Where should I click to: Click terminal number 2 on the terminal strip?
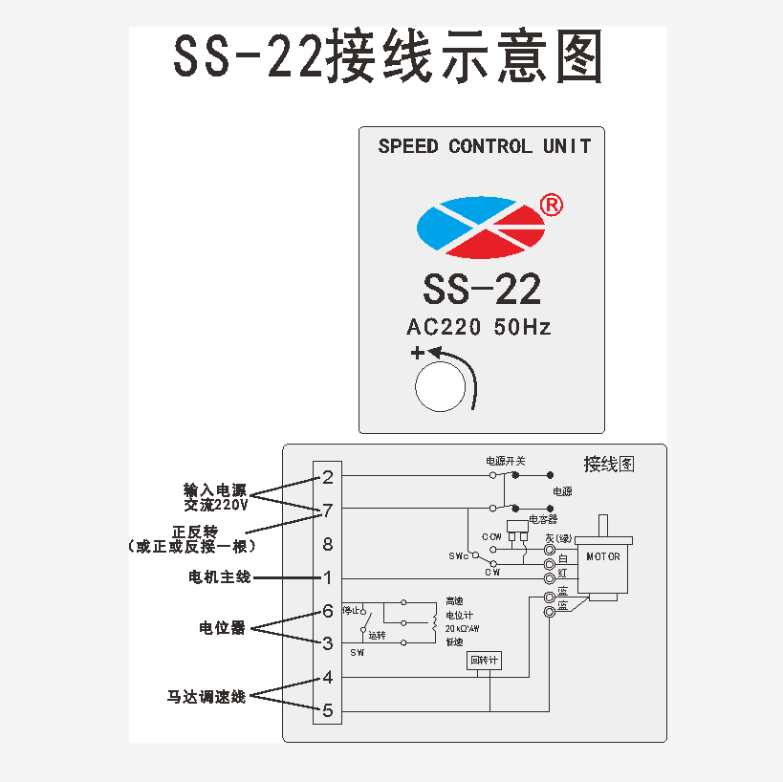[328, 477]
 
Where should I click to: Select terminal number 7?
[328, 510]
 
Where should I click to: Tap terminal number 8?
[328, 544]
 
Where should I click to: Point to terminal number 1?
[328, 577]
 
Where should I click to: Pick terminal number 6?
[328, 611]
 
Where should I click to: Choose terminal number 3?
[328, 643]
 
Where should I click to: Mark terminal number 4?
[328, 678]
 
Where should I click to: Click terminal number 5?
[328, 710]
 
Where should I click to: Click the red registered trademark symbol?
[552, 205]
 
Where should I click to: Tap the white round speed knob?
[441, 386]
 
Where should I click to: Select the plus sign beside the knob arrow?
[417, 354]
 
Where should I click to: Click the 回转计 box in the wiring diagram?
[485, 661]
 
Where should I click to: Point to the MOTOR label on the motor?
[603, 556]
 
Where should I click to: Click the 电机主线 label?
[219, 577]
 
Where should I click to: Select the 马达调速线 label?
[207, 697]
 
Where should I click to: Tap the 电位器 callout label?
[222, 628]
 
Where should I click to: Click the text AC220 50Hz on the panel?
[479, 327]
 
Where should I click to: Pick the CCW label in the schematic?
[491, 536]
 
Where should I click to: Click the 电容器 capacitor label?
[543, 519]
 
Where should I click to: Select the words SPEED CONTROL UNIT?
[484, 146]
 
